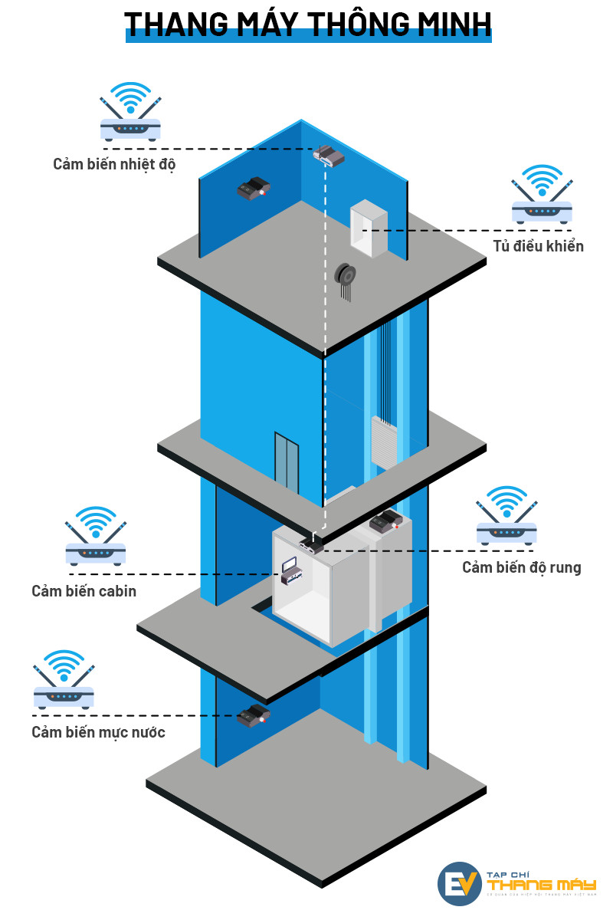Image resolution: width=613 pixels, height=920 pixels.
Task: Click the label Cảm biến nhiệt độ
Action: point(114,164)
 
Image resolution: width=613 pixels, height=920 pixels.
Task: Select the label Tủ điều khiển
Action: point(538,246)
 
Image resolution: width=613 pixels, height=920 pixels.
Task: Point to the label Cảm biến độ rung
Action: point(521,567)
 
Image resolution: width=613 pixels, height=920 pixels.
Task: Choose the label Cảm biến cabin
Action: point(84,591)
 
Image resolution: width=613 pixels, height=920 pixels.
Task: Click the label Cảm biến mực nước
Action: point(98,732)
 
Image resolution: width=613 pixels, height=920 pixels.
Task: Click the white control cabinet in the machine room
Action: point(369,228)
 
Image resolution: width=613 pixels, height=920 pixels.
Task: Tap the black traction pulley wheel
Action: point(346,274)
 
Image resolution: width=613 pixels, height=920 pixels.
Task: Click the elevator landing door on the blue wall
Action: point(287,462)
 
